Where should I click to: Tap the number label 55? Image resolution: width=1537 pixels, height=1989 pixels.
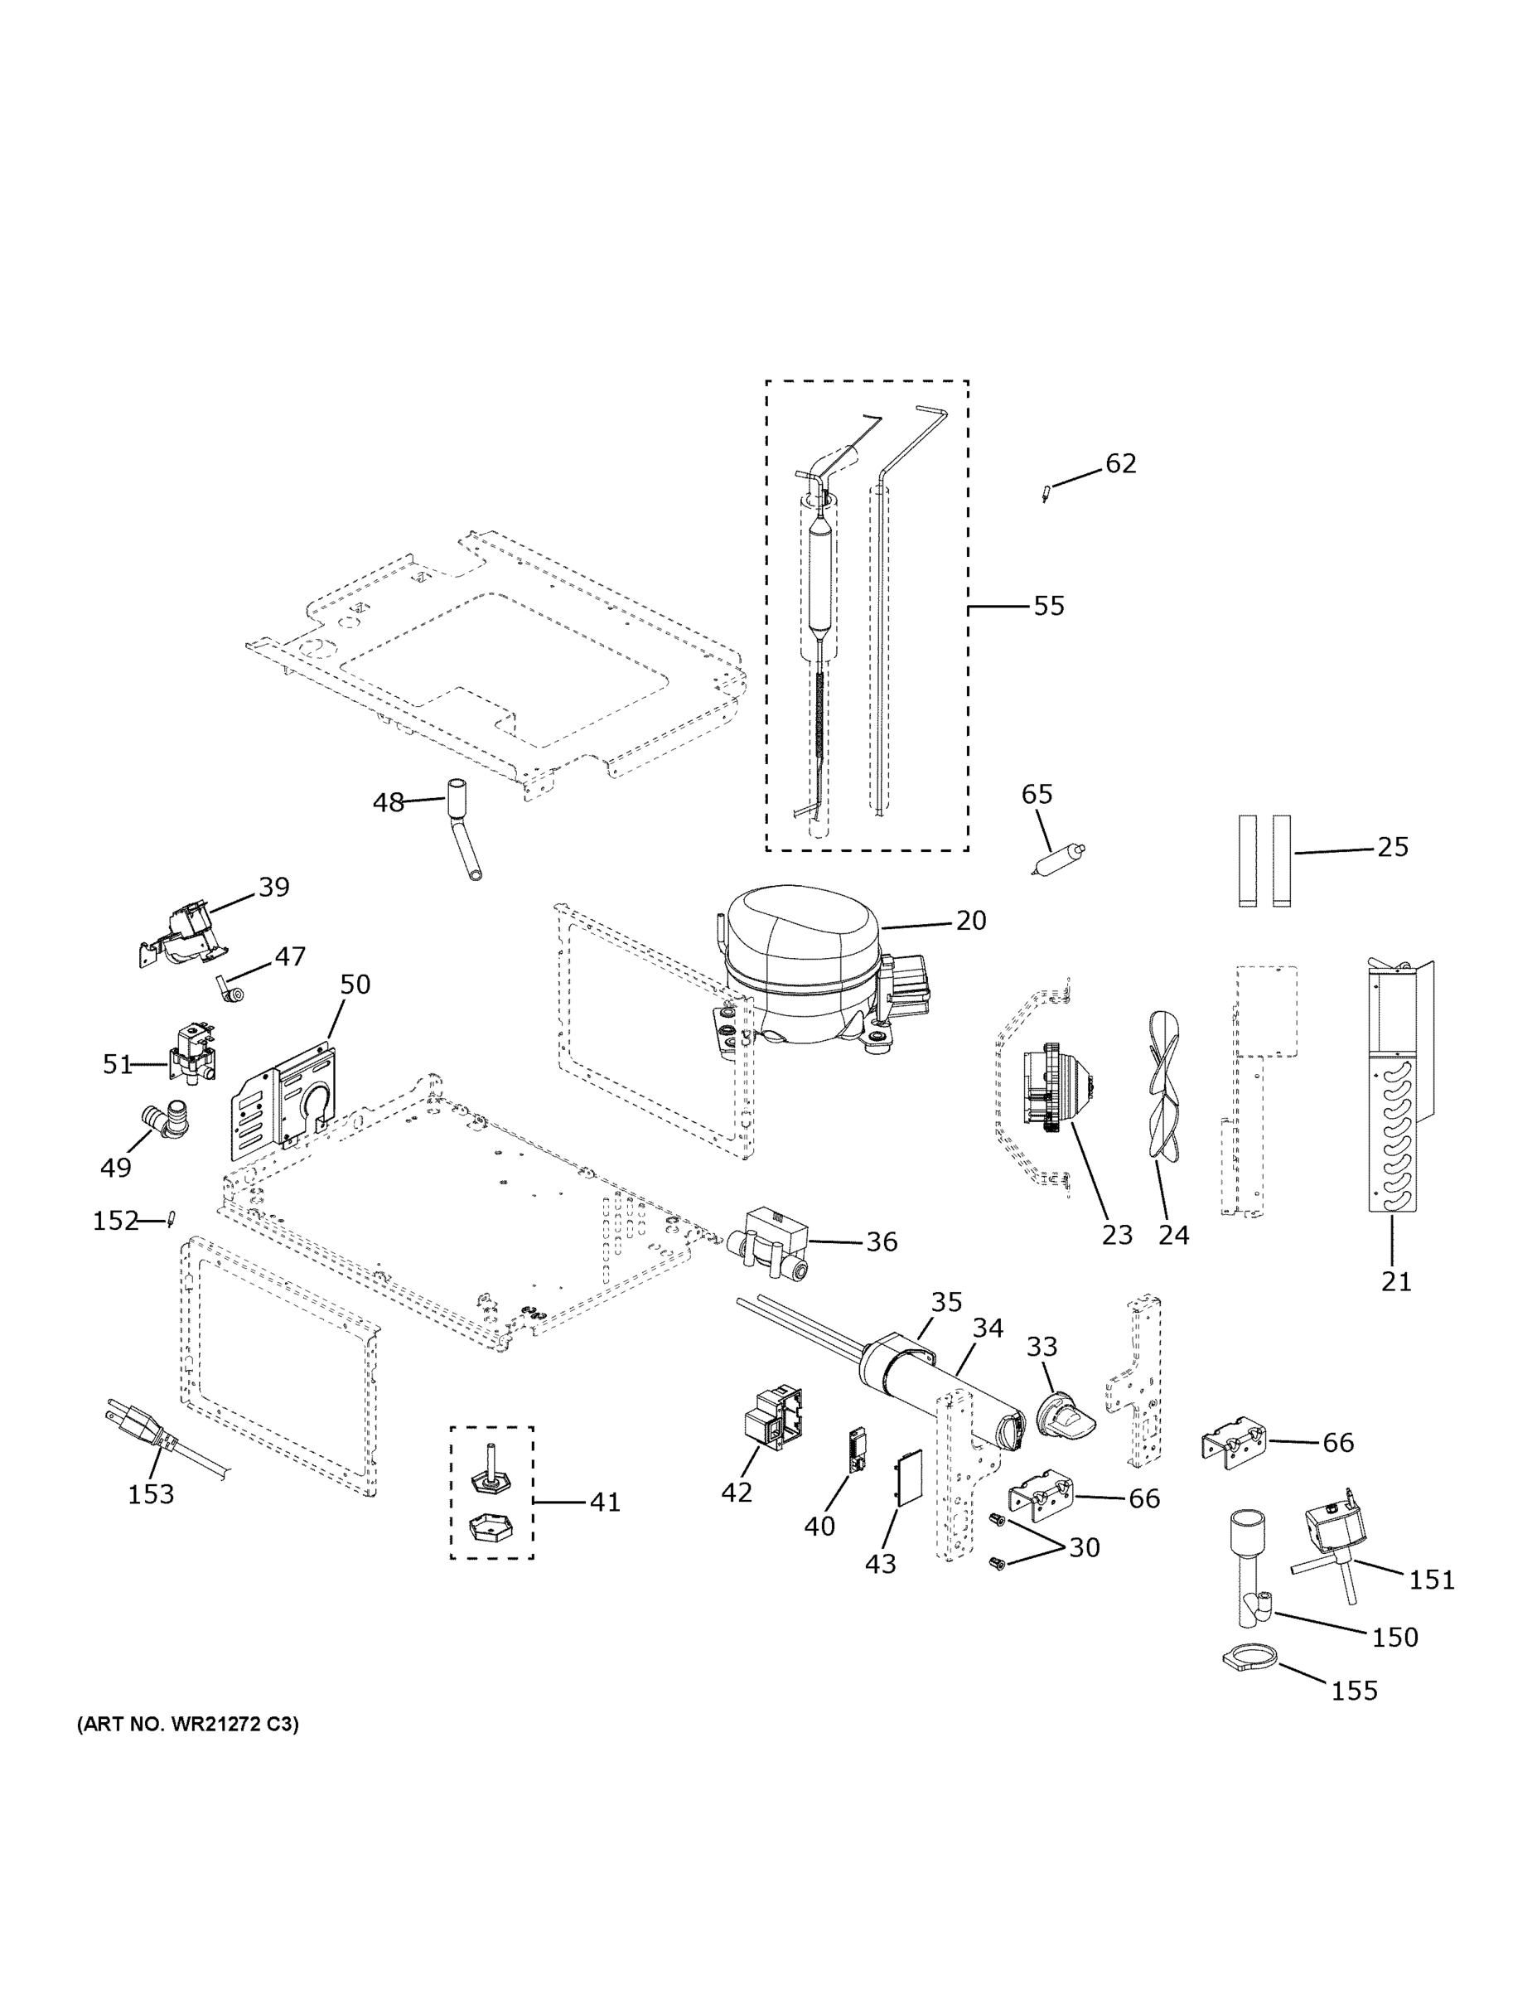1048,606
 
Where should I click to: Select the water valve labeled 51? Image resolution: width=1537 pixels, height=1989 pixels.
192,1053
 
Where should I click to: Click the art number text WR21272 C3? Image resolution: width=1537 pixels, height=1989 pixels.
187,1724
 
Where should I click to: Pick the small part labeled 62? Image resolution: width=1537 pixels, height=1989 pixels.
1046,494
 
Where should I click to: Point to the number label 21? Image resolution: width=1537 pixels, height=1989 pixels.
1396,1281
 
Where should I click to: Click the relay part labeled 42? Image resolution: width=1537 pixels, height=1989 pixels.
772,1418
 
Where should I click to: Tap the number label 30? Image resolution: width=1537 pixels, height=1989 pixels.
1084,1547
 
